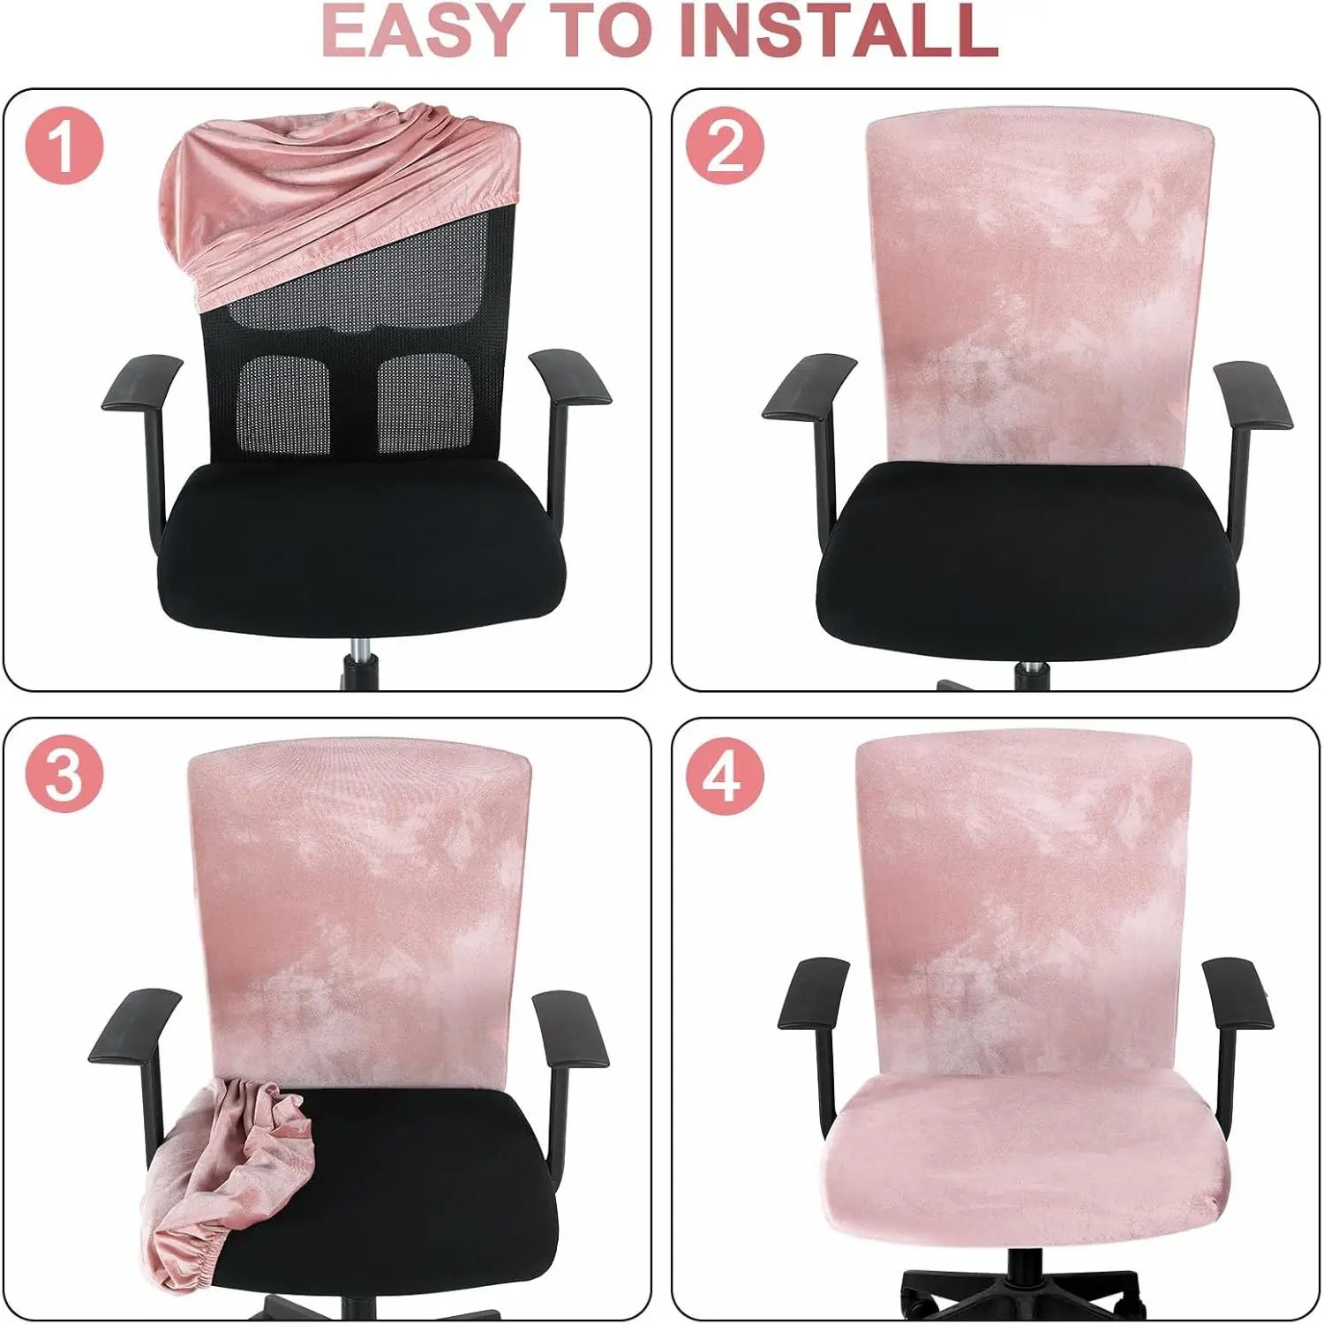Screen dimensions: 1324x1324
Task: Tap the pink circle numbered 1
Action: [64, 145]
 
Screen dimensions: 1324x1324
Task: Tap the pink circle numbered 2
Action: [725, 145]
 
